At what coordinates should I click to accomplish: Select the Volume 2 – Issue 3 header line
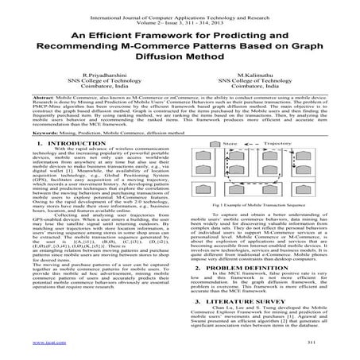coord(180,15)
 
